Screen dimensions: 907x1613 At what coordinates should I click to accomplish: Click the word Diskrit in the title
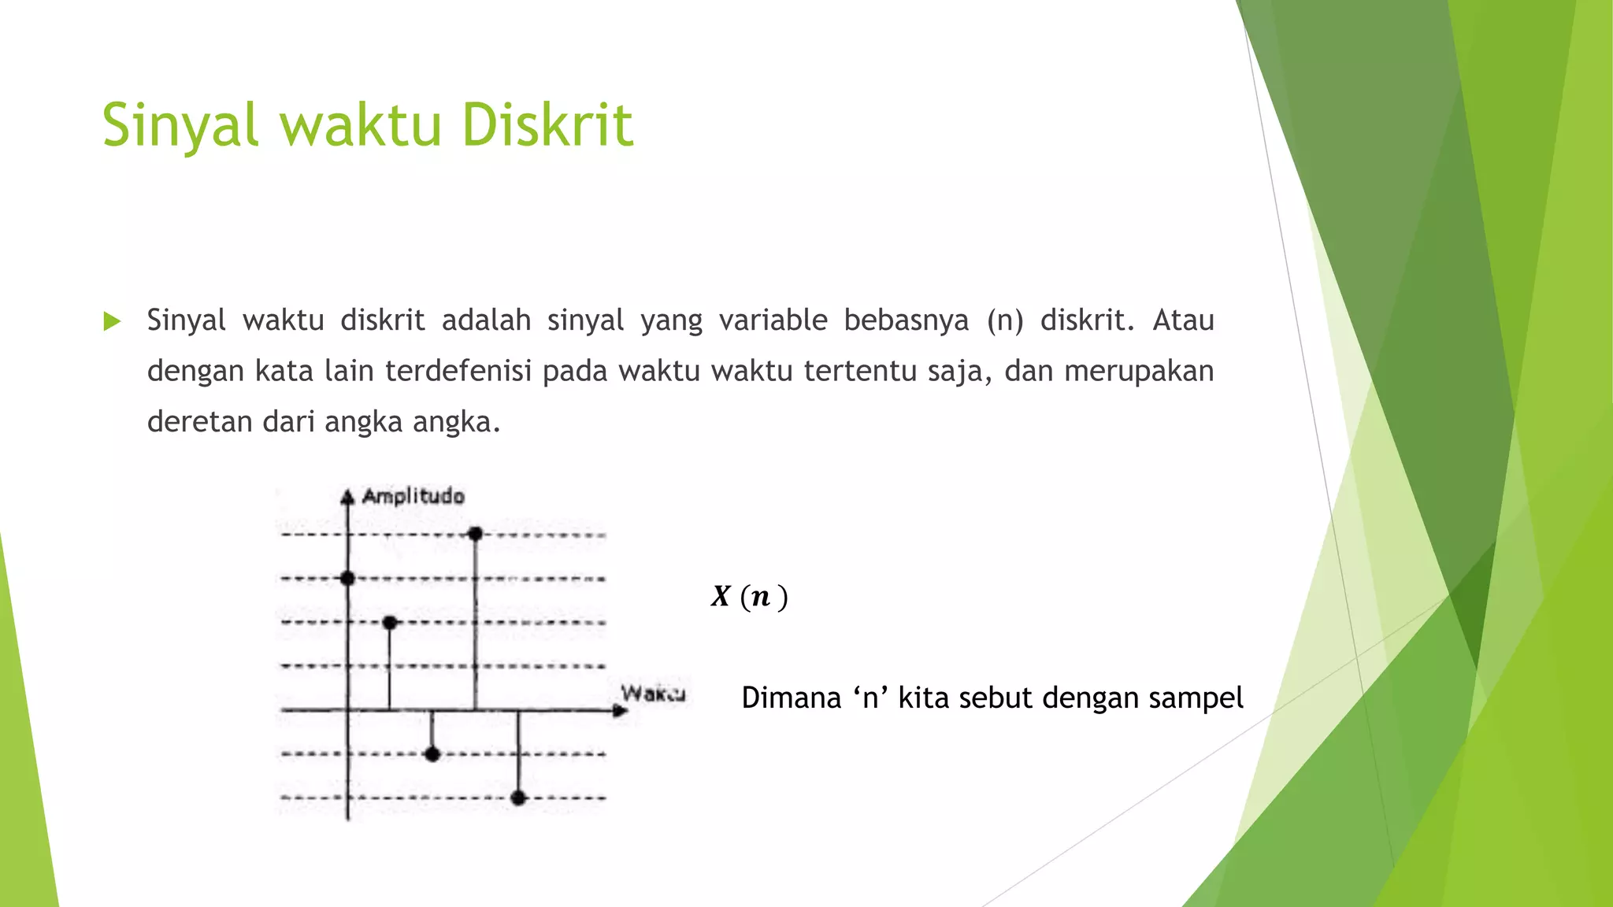547,125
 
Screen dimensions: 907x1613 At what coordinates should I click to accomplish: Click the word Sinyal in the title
180,125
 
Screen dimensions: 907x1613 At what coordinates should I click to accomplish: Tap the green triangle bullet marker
112,321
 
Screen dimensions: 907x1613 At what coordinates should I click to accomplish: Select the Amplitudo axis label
413,496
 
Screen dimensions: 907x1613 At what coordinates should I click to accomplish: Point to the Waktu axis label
653,694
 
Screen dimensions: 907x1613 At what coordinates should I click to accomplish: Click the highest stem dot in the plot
475,534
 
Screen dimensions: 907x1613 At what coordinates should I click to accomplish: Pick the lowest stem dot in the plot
518,798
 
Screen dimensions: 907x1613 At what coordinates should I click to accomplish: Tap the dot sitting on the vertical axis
347,579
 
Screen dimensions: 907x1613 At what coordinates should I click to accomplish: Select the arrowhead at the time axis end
621,711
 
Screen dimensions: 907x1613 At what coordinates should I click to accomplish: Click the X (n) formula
749,597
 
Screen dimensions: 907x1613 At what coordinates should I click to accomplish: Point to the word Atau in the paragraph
1183,320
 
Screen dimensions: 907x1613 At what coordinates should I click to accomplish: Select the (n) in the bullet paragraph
1005,321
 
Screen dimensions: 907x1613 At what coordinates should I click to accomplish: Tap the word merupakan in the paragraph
1139,372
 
